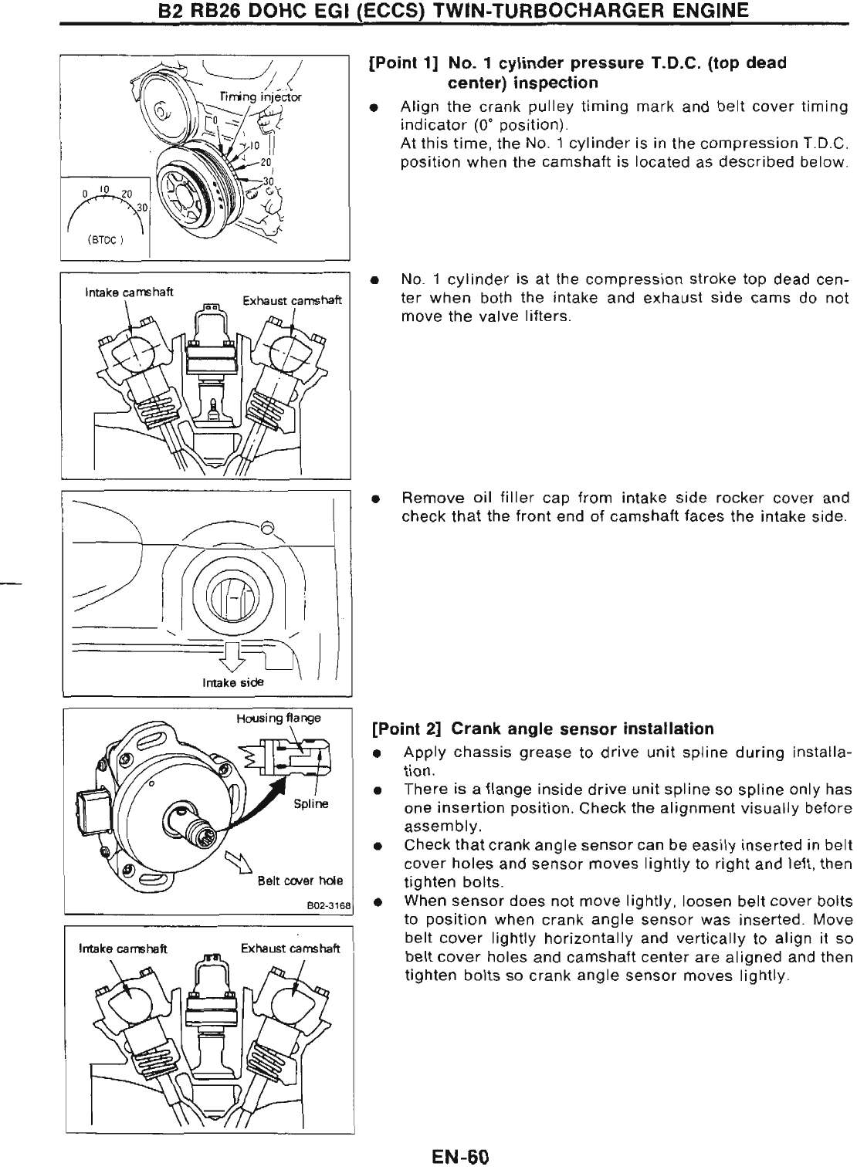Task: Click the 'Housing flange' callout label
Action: [x=278, y=719]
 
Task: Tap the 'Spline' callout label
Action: [x=313, y=803]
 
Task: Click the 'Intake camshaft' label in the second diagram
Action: [x=129, y=292]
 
